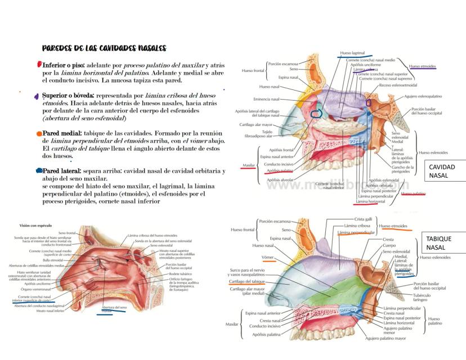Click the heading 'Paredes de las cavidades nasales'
click(x=104, y=48)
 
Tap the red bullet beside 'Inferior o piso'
click(x=39, y=65)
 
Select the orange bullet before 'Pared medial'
click(x=39, y=134)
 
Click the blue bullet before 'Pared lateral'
click(x=39, y=170)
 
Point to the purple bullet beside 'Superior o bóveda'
click(x=37, y=96)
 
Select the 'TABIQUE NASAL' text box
click(x=441, y=243)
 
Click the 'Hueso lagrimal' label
click(x=352, y=53)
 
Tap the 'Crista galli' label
click(x=363, y=219)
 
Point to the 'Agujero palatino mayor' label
click(x=386, y=339)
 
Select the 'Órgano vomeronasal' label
click(x=36, y=289)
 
